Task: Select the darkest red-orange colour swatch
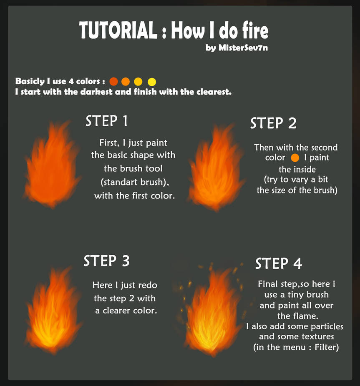[113, 81]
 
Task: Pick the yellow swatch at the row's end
[151, 81]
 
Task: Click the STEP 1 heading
[106, 121]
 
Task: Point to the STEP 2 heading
[273, 123]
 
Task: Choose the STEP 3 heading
[106, 261]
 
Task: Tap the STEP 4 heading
[278, 263]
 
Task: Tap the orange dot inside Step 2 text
[295, 158]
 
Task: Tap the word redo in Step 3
[147, 286]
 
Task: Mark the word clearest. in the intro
[212, 92]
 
